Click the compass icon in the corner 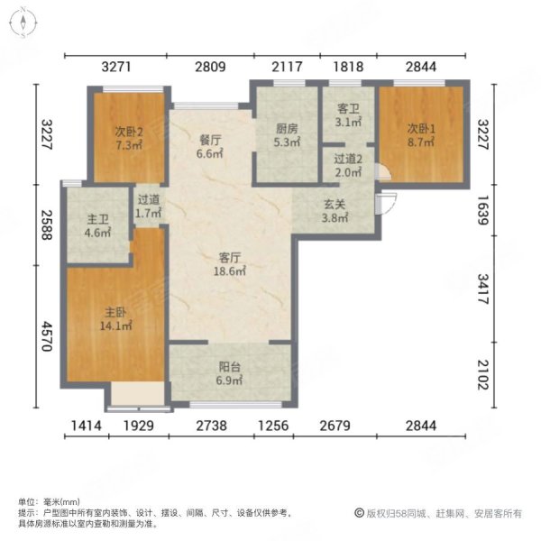click(x=22, y=22)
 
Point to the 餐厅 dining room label click(x=210, y=139)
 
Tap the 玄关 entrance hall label click(x=335, y=202)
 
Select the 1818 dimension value click(x=347, y=66)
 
